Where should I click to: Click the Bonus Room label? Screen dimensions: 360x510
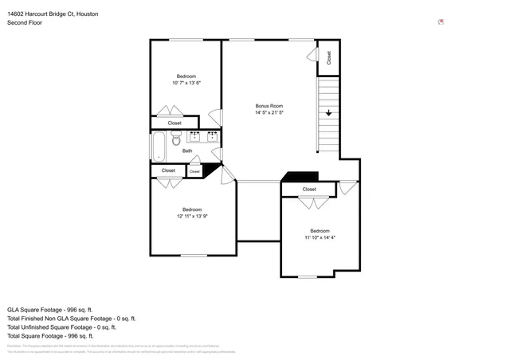click(269, 106)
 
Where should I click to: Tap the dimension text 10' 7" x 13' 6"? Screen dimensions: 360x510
click(186, 83)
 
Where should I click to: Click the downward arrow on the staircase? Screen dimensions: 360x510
click(328, 114)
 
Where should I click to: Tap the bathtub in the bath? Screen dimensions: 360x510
click(158, 147)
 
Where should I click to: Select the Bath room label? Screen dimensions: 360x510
click(187, 151)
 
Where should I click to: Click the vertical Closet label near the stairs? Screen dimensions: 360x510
click(328, 58)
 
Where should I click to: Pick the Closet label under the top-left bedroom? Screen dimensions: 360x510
click(174, 123)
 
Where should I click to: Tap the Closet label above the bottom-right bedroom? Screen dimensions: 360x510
click(309, 190)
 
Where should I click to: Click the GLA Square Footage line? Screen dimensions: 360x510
click(50, 309)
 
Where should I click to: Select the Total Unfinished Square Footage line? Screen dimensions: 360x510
click(61, 327)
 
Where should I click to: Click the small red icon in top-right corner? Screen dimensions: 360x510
click(441, 22)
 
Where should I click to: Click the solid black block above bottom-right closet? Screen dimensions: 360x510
click(301, 177)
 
